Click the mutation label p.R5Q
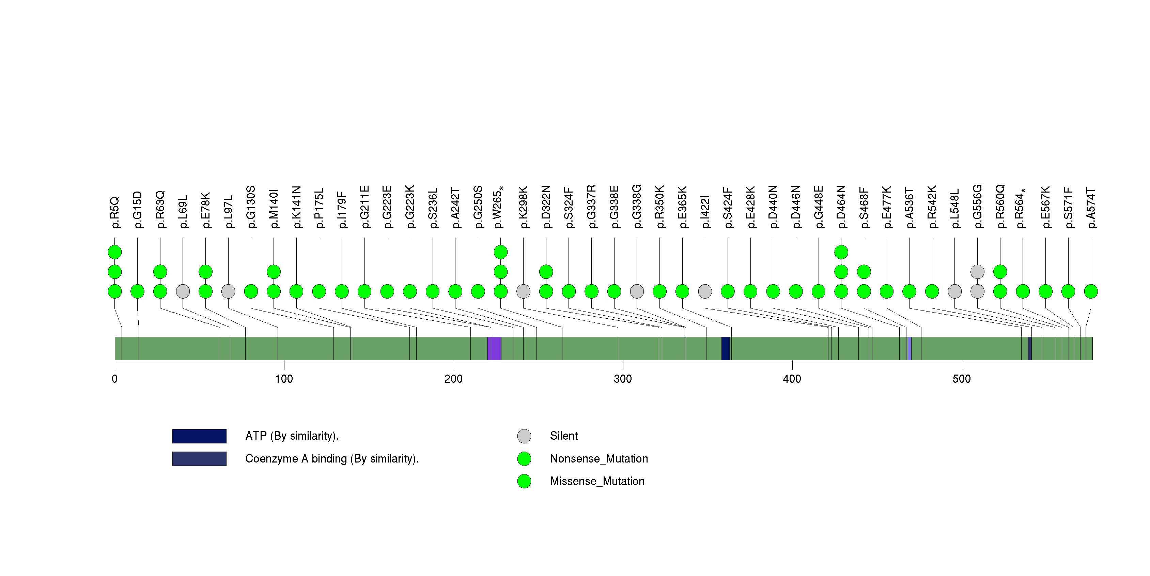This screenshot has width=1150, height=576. click(115, 212)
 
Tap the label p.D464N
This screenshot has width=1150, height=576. click(841, 207)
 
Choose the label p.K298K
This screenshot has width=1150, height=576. click(523, 207)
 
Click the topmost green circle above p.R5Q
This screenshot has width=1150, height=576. click(115, 252)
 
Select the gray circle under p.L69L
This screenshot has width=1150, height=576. click(183, 291)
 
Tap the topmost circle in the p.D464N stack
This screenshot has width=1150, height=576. click(841, 252)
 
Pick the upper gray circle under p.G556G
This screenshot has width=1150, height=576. click(977, 272)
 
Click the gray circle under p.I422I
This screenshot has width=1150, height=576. click(705, 291)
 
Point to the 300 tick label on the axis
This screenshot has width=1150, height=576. click(623, 379)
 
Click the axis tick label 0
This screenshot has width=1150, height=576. click(115, 379)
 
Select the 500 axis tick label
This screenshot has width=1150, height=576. click(962, 379)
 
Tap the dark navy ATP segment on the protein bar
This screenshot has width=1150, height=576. click(726, 348)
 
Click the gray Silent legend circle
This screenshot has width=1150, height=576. click(524, 436)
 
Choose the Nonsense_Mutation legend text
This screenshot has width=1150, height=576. click(599, 458)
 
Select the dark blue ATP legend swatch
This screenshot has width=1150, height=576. click(199, 436)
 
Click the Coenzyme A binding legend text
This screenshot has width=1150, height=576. click(332, 458)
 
